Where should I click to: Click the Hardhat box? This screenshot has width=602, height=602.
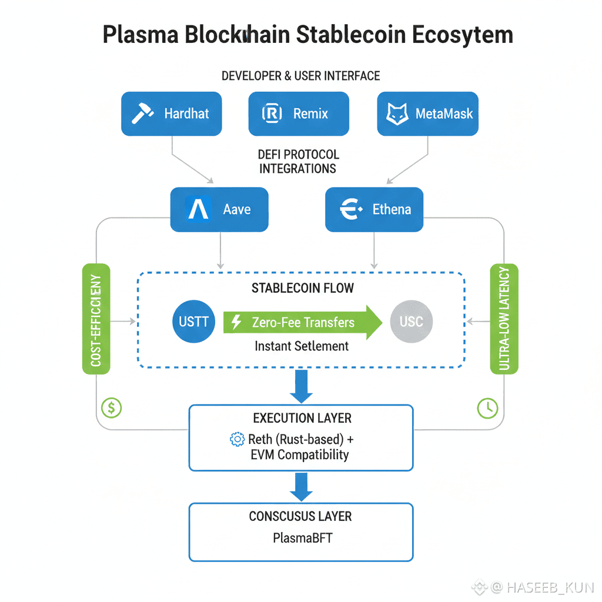pos(172,113)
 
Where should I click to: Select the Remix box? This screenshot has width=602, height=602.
pos(299,113)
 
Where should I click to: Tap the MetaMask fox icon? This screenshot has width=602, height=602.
pos(397,113)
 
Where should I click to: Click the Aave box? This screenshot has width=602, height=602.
pos(219,209)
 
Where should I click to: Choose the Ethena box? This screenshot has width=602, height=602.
pos(374,209)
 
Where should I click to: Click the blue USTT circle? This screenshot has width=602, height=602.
pos(194,322)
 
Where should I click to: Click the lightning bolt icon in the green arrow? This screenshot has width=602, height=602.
pos(237,322)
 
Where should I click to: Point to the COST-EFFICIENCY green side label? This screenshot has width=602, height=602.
pos(96,319)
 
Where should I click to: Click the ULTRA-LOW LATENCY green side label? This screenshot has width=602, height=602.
pos(503,319)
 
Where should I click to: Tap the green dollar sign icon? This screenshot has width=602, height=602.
pos(112,406)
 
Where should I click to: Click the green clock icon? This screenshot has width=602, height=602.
pos(487,407)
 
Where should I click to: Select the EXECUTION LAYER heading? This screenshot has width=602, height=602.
pos(302,418)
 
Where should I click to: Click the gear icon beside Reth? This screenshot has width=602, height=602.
pos(237,439)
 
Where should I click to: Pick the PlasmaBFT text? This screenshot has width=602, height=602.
pos(302,537)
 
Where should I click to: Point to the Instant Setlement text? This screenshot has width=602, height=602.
pos(302,346)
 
